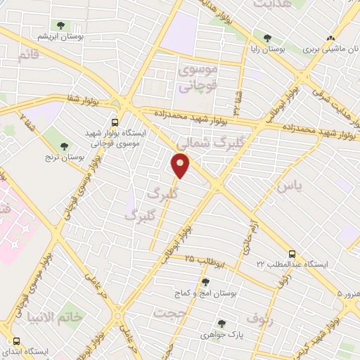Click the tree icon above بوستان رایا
click(267, 38)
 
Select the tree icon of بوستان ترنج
click(65, 146)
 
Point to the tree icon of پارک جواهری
click(221, 323)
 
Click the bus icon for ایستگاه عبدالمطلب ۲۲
click(291, 254)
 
